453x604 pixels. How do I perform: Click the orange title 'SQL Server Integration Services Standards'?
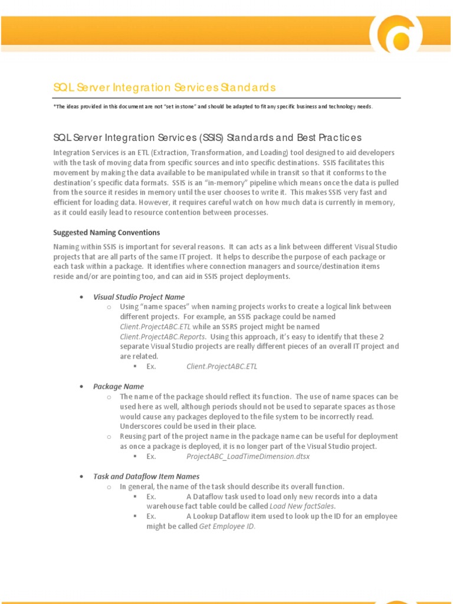click(x=165, y=88)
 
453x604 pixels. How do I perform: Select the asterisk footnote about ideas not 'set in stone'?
click(x=213, y=106)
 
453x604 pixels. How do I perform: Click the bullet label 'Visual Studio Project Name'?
click(x=139, y=297)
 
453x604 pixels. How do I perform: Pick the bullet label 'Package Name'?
click(x=119, y=386)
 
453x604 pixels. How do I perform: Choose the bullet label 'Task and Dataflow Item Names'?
click(x=146, y=476)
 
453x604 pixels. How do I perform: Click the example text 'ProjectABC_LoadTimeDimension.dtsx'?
click(x=248, y=457)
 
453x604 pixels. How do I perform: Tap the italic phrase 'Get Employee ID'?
click(x=227, y=526)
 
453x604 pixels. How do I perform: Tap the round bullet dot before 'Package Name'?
click(x=81, y=387)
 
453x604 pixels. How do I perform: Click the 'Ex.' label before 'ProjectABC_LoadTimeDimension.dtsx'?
click(x=152, y=457)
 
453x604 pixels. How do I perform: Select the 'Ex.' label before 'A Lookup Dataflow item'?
click(x=152, y=516)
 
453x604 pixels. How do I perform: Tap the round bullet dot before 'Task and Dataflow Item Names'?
click(x=81, y=477)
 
